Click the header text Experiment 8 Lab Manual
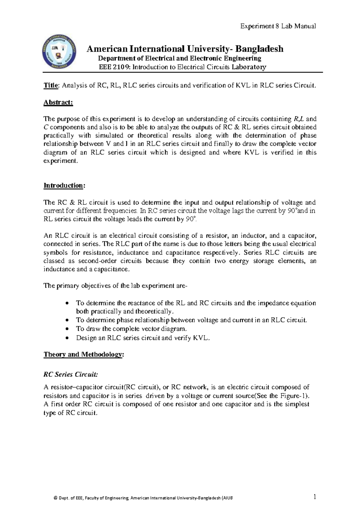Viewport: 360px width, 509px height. pyautogui.click(x=278, y=26)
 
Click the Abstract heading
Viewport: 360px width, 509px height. pyautogui.click(x=58, y=103)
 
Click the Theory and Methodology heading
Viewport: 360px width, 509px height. pyautogui.click(x=83, y=354)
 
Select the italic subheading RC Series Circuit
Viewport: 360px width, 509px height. pyautogui.click(x=70, y=374)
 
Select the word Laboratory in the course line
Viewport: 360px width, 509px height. pyautogui.click(x=249, y=67)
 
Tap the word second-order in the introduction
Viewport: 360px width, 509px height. pyautogui.click(x=125, y=261)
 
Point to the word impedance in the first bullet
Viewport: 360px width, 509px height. pyautogui.click(x=273, y=303)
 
